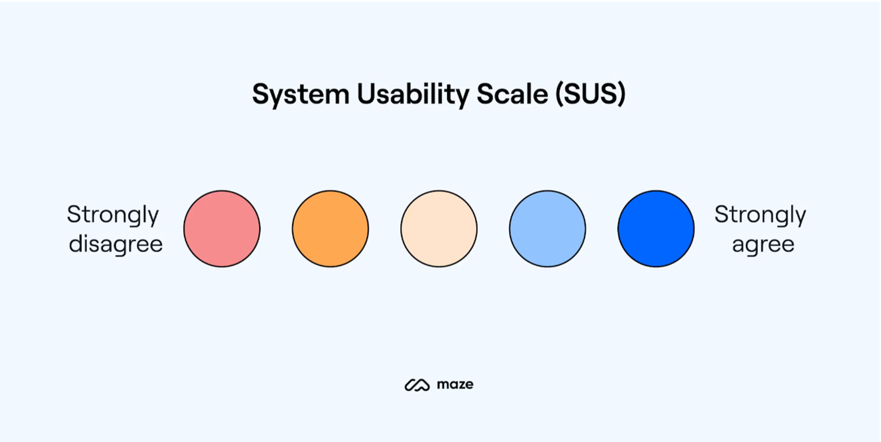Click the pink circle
tap(222, 229)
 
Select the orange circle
tap(330, 229)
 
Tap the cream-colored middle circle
tap(439, 229)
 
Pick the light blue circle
tap(547, 229)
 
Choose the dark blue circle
tap(656, 229)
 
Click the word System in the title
tap(301, 95)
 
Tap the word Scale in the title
tap(512, 94)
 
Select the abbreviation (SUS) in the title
tap(591, 94)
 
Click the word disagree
tap(116, 244)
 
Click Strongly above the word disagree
tap(113, 215)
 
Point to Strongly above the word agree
tap(760, 215)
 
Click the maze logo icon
tap(417, 385)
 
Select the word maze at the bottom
tap(455, 384)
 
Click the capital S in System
tap(261, 94)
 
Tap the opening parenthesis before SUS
tap(559, 94)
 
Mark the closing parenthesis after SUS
tap(621, 94)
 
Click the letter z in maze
tap(460, 385)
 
